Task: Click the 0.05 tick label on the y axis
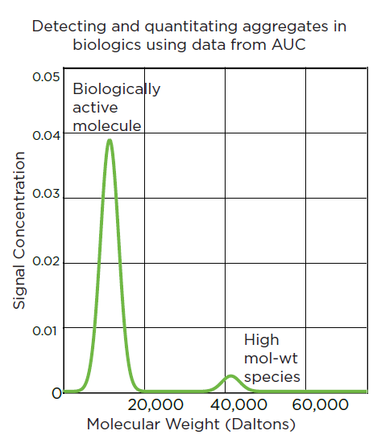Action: (46, 76)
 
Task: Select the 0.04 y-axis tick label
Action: (47, 136)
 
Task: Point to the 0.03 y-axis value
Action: (46, 194)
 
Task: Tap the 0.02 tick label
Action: (46, 260)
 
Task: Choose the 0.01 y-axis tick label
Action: (45, 330)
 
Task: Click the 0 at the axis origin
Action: (57, 393)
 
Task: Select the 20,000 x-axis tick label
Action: (155, 404)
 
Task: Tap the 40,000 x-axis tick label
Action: (238, 404)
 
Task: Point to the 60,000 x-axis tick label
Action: (320, 404)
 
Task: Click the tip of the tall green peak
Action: (110, 140)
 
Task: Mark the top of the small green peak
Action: (231, 376)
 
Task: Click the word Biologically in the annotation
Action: (117, 89)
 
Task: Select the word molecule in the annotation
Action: (107, 125)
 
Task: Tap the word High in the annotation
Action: (262, 340)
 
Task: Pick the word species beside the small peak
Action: (272, 377)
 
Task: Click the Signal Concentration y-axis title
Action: (19, 230)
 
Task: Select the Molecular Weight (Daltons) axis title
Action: (191, 425)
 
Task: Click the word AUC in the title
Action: (288, 45)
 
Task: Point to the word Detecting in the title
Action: (69, 27)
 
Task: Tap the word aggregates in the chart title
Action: (285, 27)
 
